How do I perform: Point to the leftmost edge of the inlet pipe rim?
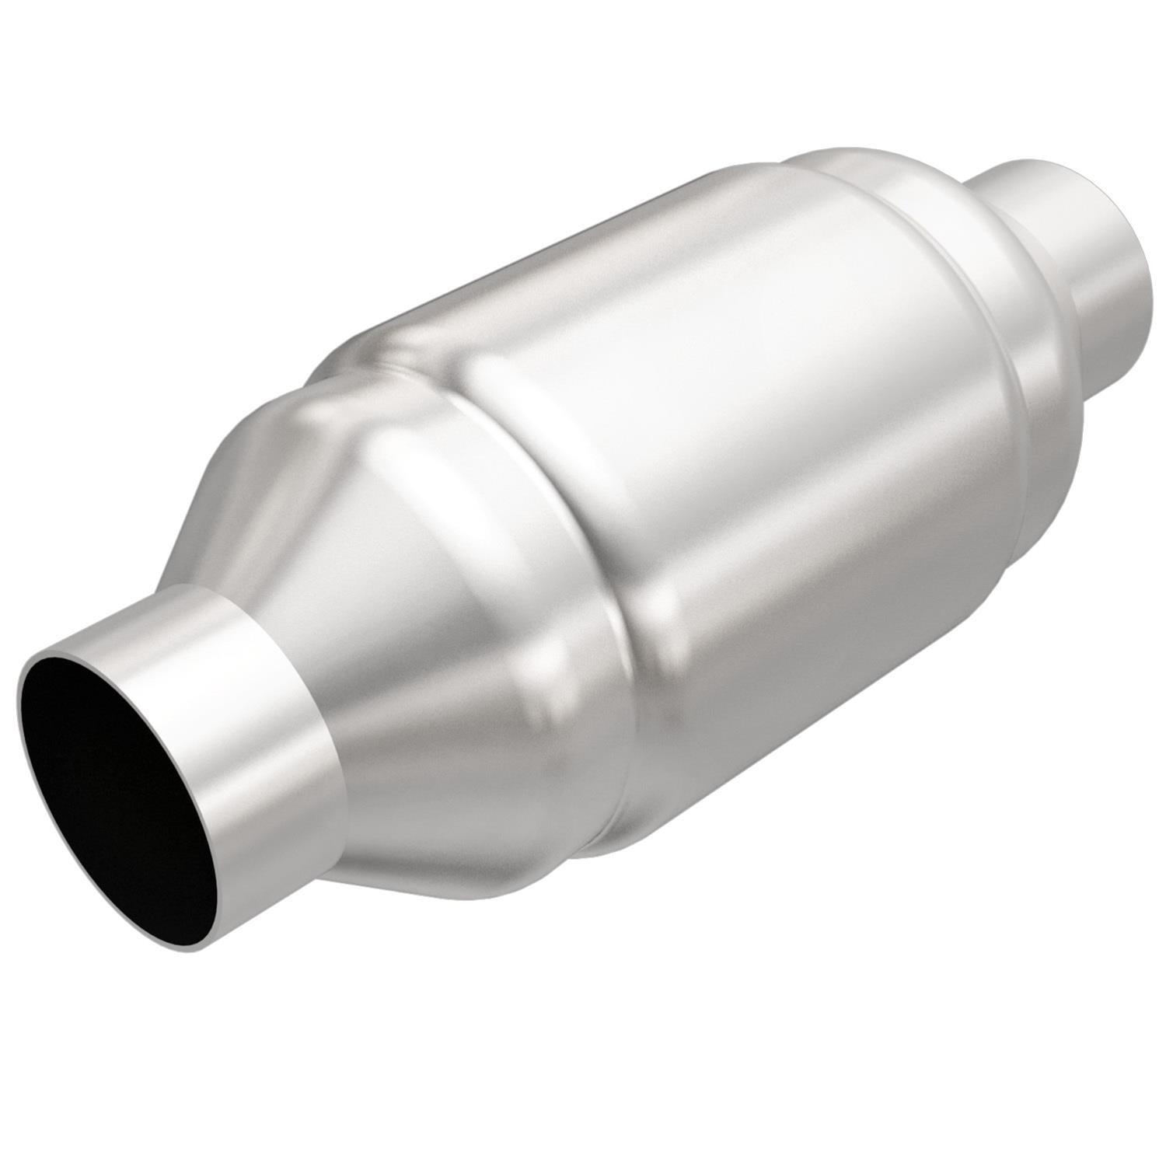pyautogui.click(x=20, y=700)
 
